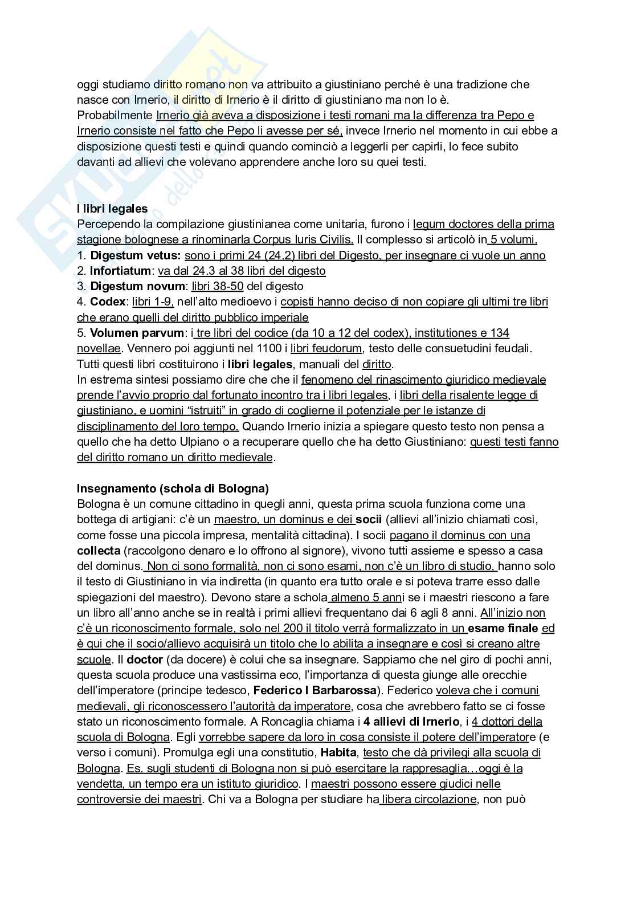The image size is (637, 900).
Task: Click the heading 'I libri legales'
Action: click(x=112, y=209)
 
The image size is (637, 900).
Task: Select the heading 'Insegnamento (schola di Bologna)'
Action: click(x=173, y=488)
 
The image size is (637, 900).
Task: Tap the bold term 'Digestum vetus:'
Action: click(x=136, y=255)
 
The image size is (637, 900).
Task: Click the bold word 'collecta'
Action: click(x=99, y=551)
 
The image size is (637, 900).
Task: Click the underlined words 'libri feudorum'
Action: click(x=326, y=348)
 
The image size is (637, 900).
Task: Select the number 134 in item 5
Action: click(x=499, y=333)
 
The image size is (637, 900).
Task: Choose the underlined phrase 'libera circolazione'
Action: click(x=428, y=800)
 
